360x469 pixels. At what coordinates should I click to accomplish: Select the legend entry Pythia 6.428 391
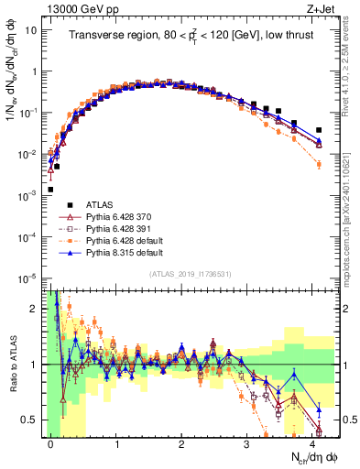point(107,226)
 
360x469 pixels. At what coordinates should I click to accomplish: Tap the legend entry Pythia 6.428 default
point(111,238)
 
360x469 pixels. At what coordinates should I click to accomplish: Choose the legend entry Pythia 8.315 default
point(111,250)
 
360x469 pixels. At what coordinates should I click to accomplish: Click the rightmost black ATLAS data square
point(318,130)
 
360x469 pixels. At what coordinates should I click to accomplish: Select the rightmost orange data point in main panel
point(318,164)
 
